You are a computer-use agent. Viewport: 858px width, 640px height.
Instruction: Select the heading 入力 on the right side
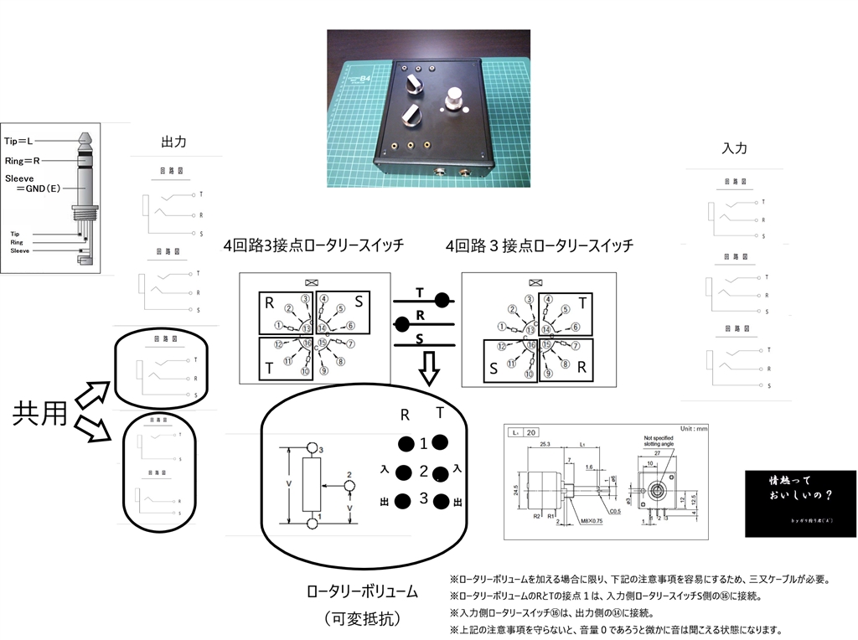coord(734,148)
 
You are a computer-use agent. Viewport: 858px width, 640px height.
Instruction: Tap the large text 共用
coord(39,414)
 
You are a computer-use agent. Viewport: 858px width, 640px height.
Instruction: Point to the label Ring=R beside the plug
coord(26,159)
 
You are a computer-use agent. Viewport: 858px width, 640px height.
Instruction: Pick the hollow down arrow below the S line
coord(429,367)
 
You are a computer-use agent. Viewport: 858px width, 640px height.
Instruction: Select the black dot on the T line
coord(443,299)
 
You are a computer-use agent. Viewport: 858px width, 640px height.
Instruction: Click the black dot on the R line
coord(402,322)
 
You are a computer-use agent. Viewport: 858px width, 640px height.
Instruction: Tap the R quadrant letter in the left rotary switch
coord(270,303)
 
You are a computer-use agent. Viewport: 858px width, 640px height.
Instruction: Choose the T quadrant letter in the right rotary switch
coord(583,302)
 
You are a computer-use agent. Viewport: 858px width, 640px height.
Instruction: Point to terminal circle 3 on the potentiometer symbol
coord(313,448)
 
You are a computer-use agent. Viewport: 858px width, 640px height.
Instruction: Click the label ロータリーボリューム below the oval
coord(361,592)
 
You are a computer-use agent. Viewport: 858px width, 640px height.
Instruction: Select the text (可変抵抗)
coord(361,618)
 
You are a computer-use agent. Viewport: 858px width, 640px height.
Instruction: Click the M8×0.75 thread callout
coord(594,521)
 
